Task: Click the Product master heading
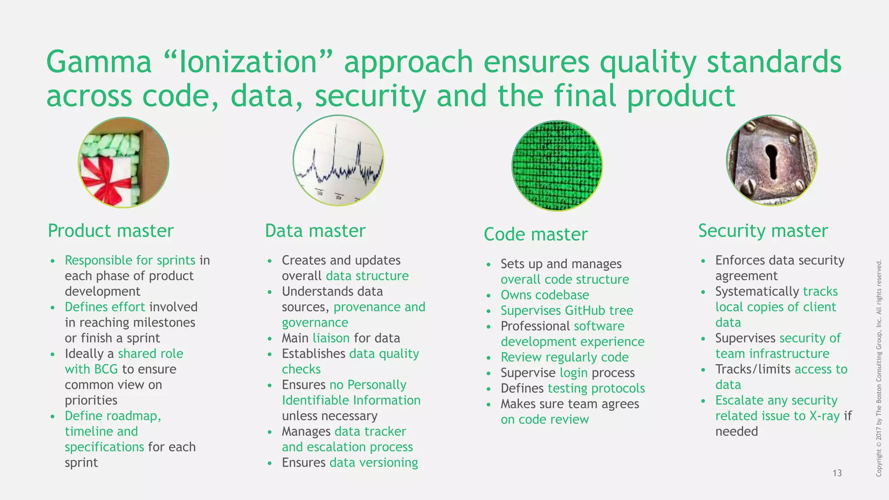(x=110, y=231)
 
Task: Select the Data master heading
(x=315, y=231)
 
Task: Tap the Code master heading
(x=536, y=234)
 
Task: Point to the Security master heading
(x=763, y=231)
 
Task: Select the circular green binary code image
(x=557, y=166)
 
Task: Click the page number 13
(x=837, y=473)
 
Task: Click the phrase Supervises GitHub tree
(x=566, y=311)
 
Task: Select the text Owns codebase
(x=545, y=295)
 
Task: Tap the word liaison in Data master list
(x=331, y=338)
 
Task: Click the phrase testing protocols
(x=596, y=388)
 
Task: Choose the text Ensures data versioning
(x=349, y=463)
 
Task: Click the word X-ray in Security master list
(x=824, y=416)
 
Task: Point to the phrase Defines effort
(x=105, y=307)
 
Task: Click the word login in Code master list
(x=573, y=373)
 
